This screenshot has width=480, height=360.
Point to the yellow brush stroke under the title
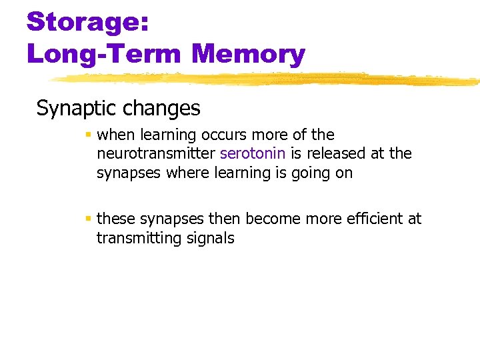click(x=267, y=79)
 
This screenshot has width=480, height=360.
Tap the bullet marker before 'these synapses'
click(x=89, y=219)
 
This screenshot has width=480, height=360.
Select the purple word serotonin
click(x=253, y=153)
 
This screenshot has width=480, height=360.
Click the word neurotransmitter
click(x=156, y=153)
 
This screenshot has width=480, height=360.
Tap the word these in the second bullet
click(x=115, y=219)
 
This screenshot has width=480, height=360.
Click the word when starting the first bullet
click(x=115, y=135)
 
